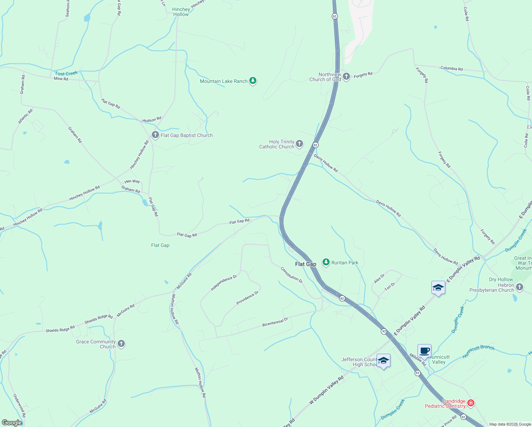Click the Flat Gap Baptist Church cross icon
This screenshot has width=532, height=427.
coord(155,135)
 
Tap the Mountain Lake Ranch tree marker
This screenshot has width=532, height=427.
coord(253,81)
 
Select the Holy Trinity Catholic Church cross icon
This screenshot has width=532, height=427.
coord(299,144)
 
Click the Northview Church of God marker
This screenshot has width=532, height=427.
coord(346,77)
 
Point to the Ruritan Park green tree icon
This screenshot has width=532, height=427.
coord(326,262)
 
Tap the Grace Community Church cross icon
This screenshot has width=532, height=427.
coord(121,344)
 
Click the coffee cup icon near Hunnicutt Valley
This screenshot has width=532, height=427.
coord(424,351)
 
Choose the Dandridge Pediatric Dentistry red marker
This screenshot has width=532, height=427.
coord(471,403)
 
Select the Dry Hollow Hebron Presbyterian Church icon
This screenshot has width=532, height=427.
coord(520,287)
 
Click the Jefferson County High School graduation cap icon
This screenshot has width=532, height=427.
coord(383,361)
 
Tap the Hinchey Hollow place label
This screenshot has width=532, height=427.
coord(181,12)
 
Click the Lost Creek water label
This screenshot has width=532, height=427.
coord(66,74)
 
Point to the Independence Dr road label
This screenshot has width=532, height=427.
coord(224,283)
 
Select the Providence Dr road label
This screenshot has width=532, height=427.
coord(248,298)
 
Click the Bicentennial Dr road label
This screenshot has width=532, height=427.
coord(275,322)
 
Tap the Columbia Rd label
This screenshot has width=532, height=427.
coord(452,68)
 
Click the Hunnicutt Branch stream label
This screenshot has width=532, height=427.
coord(479,351)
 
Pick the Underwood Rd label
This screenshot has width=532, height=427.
coord(20,405)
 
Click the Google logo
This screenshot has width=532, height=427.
coord(12,423)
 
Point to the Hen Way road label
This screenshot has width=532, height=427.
coord(132,181)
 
